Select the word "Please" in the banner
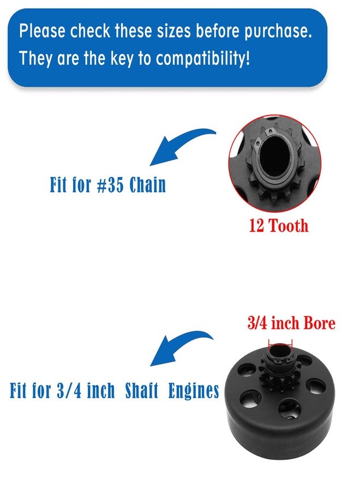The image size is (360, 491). pyautogui.click(x=42, y=31)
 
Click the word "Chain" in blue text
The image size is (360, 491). pyautogui.click(x=147, y=185)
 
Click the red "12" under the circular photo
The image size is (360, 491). pyautogui.click(x=256, y=225)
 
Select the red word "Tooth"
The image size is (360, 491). pyautogui.click(x=289, y=225)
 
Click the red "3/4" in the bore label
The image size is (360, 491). pyautogui.click(x=257, y=323)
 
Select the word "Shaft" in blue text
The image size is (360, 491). pyautogui.click(x=141, y=391)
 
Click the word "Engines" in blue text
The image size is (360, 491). pyautogui.click(x=194, y=391)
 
